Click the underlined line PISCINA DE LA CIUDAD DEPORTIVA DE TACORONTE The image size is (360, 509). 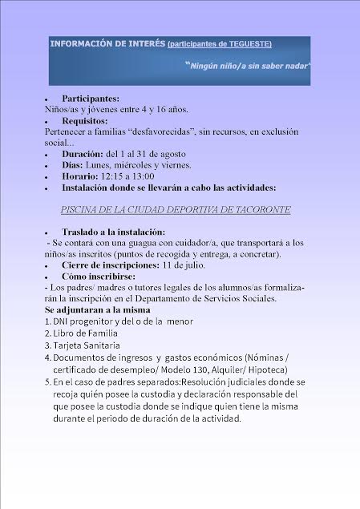coord(176,209)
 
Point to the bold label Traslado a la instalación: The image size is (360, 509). coord(116,231)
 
